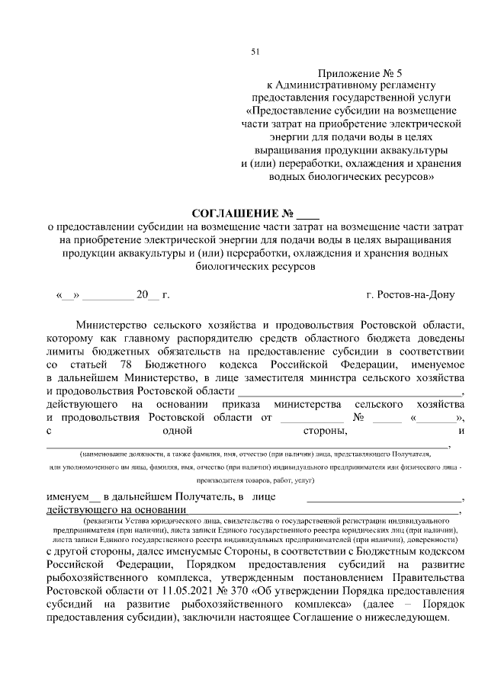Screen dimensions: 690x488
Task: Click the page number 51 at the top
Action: [255, 51]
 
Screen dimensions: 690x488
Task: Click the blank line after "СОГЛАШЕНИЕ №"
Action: [309, 213]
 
